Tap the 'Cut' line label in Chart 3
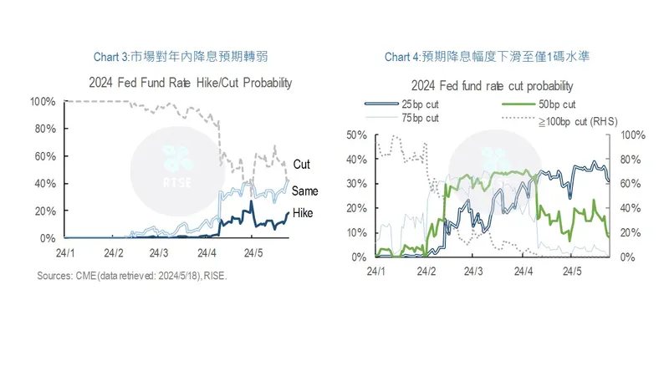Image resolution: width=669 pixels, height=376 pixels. pos(301,165)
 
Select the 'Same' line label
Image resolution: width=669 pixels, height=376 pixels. pos(304,191)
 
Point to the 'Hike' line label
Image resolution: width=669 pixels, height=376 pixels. pos(302,214)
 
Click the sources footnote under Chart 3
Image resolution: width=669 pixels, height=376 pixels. pos(132,277)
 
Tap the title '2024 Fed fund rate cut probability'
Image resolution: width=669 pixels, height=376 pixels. pos(492,86)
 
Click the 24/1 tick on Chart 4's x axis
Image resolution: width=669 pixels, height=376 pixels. pos(376,271)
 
